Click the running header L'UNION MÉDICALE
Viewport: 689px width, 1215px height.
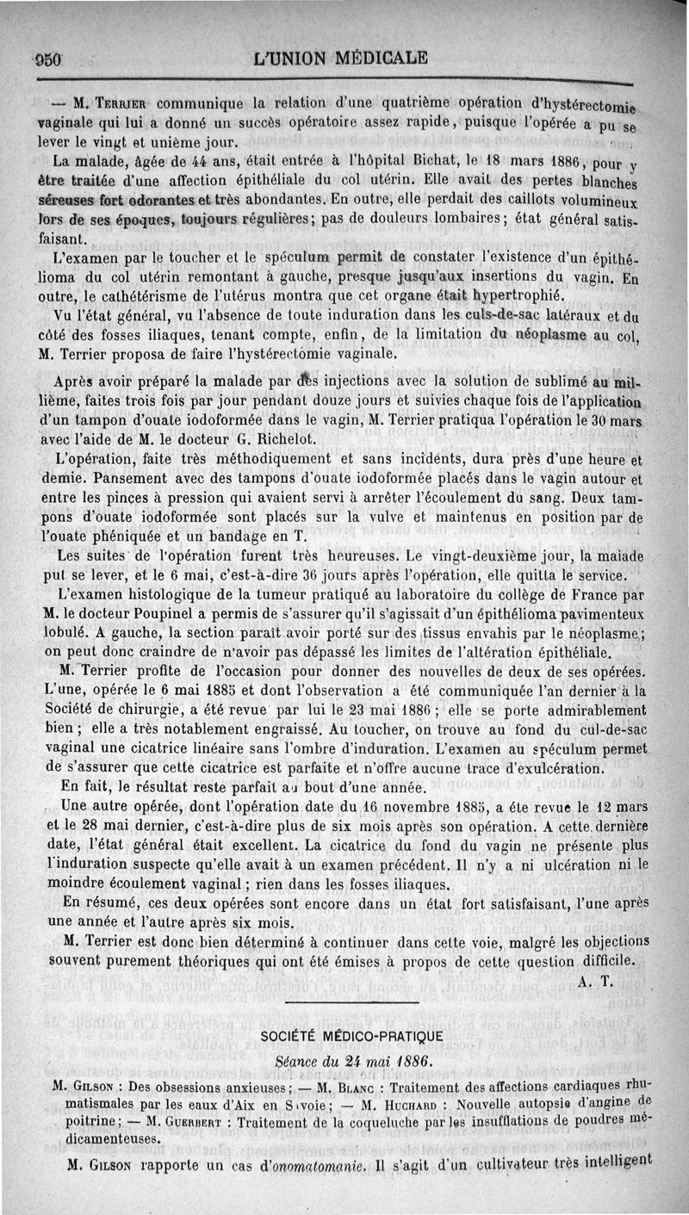(x=341, y=59)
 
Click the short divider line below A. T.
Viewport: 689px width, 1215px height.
(x=351, y=1001)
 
